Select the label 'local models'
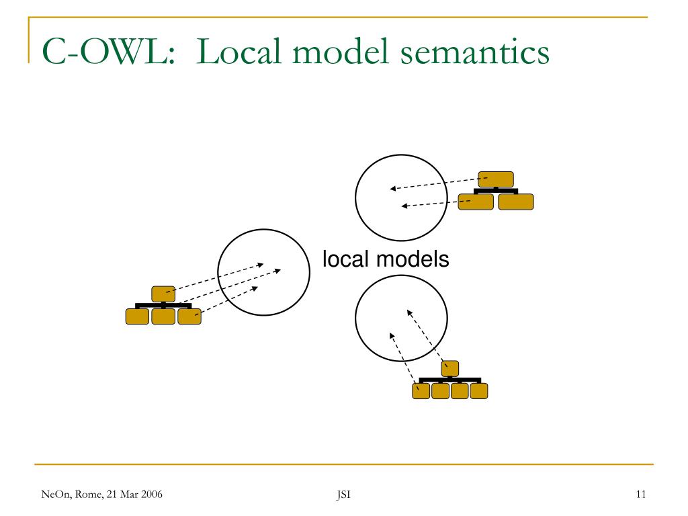pos(386,259)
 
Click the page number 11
pos(640,495)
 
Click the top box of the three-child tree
pos(163,294)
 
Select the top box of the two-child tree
pos(496,179)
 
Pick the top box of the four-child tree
pos(450,368)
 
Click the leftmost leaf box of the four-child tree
pos(421,390)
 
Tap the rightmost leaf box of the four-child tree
pos(479,390)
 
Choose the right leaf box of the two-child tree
pos(516,202)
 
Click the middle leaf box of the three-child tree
pos(163,316)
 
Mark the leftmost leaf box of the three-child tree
pos(137,316)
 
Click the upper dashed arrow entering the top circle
pos(437,183)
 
